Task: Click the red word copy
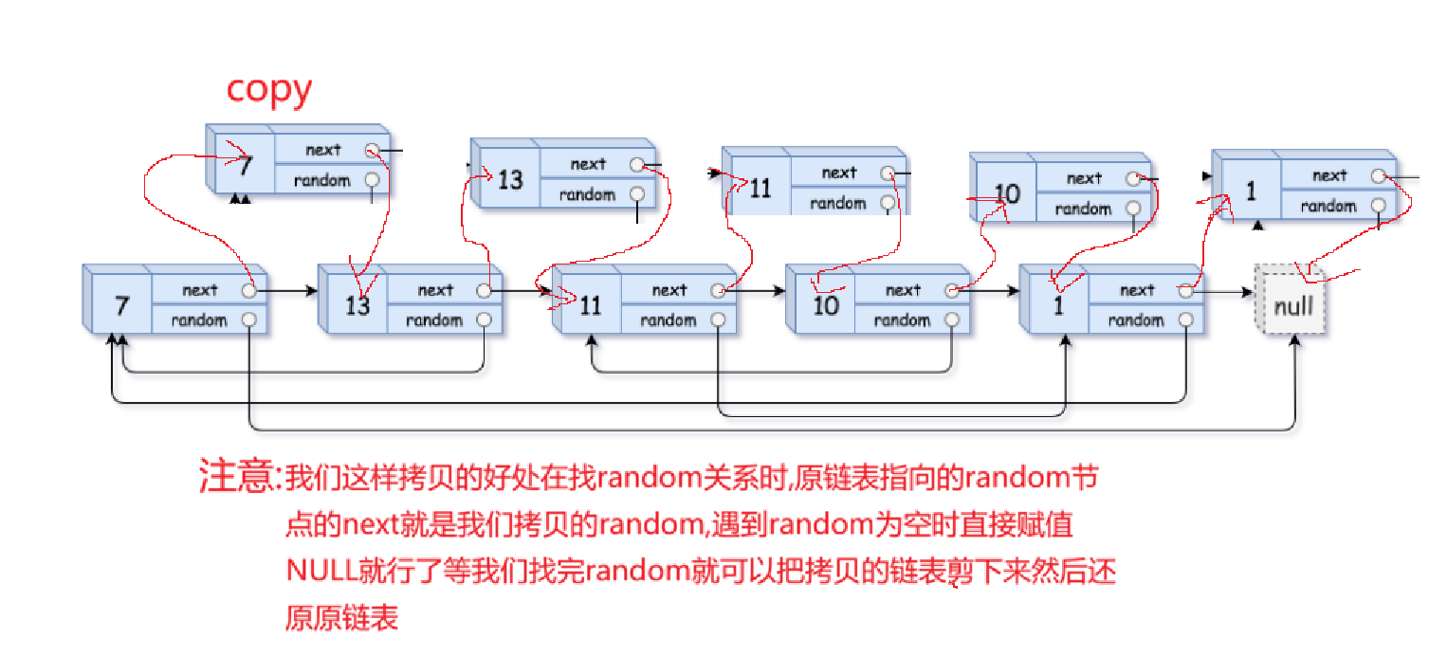268,89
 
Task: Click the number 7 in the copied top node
246,167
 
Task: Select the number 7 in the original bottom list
120,306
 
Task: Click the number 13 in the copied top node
510,179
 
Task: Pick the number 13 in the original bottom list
357,306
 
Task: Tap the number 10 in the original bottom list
825,306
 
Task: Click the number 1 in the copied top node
1251,192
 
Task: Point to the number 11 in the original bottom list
590,306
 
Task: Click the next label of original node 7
200,290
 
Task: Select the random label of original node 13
434,320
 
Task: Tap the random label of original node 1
1136,320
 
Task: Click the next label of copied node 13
588,164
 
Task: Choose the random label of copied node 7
322,180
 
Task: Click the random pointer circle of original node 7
249,320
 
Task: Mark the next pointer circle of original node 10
952,290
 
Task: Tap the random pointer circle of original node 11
719,320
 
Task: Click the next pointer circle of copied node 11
888,173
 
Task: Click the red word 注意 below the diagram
237,476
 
